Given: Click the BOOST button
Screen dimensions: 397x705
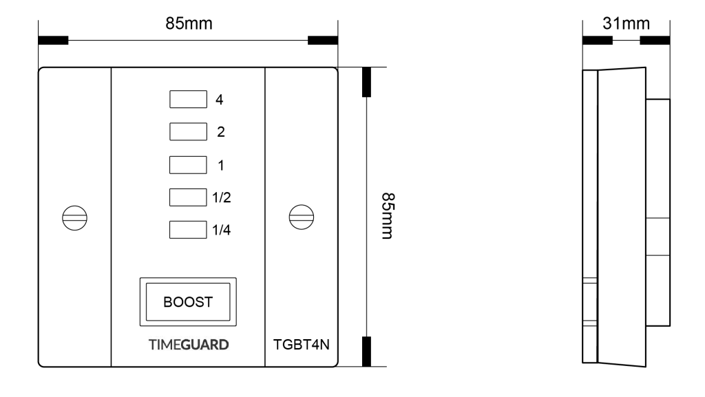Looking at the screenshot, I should point(188,302).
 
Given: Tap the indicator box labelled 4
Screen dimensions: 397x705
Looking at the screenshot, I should point(188,100).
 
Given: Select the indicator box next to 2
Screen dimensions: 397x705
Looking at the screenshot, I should point(188,132).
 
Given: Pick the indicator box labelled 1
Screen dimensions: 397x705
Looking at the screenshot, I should point(188,165).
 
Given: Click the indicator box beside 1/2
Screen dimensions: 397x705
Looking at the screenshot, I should point(188,197).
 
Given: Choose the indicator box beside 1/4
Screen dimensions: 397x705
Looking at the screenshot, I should point(188,230).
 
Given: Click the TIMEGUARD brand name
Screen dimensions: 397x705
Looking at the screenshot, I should point(188,345).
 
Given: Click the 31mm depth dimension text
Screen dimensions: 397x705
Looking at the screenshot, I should point(626,25).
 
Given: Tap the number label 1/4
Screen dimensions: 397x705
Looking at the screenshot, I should point(221,230).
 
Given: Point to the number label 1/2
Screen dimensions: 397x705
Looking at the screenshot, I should point(221,198).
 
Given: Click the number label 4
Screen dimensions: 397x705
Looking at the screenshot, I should point(219,100).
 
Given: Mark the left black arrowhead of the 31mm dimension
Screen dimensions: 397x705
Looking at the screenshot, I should point(597,40).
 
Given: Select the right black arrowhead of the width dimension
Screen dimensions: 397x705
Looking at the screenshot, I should point(322,40).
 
